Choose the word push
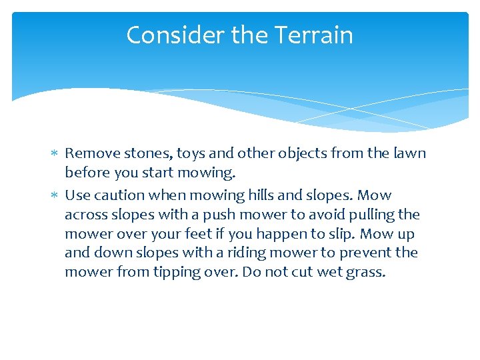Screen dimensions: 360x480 (208, 215)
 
